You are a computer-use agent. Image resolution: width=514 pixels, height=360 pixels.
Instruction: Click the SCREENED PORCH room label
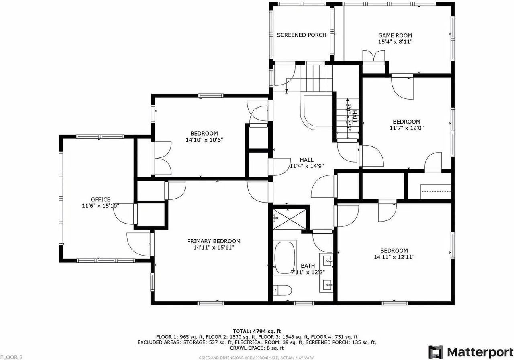click(x=302, y=35)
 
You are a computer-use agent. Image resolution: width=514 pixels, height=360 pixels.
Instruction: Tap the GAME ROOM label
click(x=395, y=35)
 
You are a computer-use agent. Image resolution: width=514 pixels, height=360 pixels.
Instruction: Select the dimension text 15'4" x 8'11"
click(x=395, y=41)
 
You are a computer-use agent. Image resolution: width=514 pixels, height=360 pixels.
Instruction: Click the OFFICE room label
click(x=100, y=199)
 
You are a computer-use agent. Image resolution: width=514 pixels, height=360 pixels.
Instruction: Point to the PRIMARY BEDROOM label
click(x=214, y=241)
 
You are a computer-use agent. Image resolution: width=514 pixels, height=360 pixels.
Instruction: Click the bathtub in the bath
click(x=285, y=257)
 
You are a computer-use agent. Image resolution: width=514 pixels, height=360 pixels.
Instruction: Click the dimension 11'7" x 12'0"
click(x=406, y=128)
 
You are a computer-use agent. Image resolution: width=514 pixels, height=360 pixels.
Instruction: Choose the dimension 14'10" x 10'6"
click(x=204, y=140)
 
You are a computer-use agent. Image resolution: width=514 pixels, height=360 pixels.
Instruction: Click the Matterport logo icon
click(x=435, y=352)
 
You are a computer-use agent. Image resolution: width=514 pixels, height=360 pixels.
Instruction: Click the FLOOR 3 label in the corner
click(x=12, y=357)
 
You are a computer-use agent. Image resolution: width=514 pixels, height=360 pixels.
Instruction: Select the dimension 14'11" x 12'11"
click(x=394, y=257)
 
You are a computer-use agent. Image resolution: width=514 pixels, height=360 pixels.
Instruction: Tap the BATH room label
click(x=308, y=266)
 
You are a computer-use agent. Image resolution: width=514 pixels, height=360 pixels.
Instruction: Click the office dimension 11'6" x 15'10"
click(x=100, y=206)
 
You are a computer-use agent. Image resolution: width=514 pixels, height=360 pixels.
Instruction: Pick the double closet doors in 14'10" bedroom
click(x=162, y=158)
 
